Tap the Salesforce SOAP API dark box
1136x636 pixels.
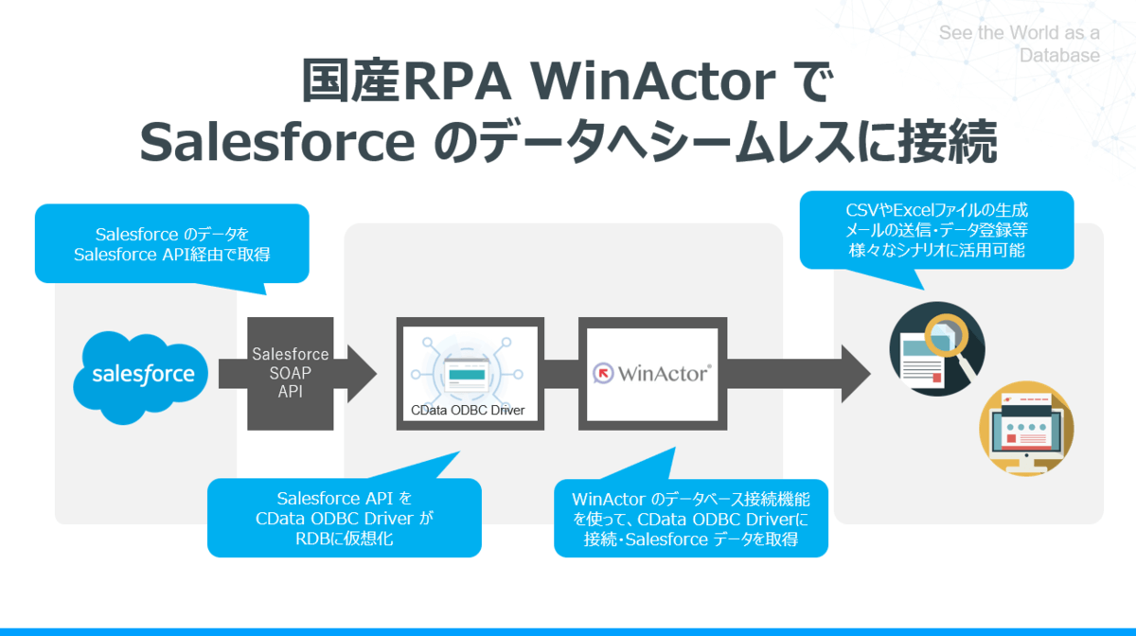point(290,373)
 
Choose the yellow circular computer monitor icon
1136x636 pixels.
point(1026,431)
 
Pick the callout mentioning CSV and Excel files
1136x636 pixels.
point(936,230)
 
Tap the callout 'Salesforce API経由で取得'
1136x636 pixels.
point(171,243)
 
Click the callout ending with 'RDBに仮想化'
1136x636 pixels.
point(345,518)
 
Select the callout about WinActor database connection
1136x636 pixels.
point(691,519)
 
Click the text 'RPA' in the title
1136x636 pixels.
point(458,83)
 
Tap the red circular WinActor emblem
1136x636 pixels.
point(603,373)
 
